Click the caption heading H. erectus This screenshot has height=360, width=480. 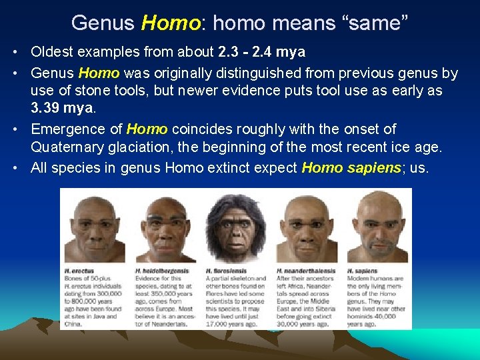78,271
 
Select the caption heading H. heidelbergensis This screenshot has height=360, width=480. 161,271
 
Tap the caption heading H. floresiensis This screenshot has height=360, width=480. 227,271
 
